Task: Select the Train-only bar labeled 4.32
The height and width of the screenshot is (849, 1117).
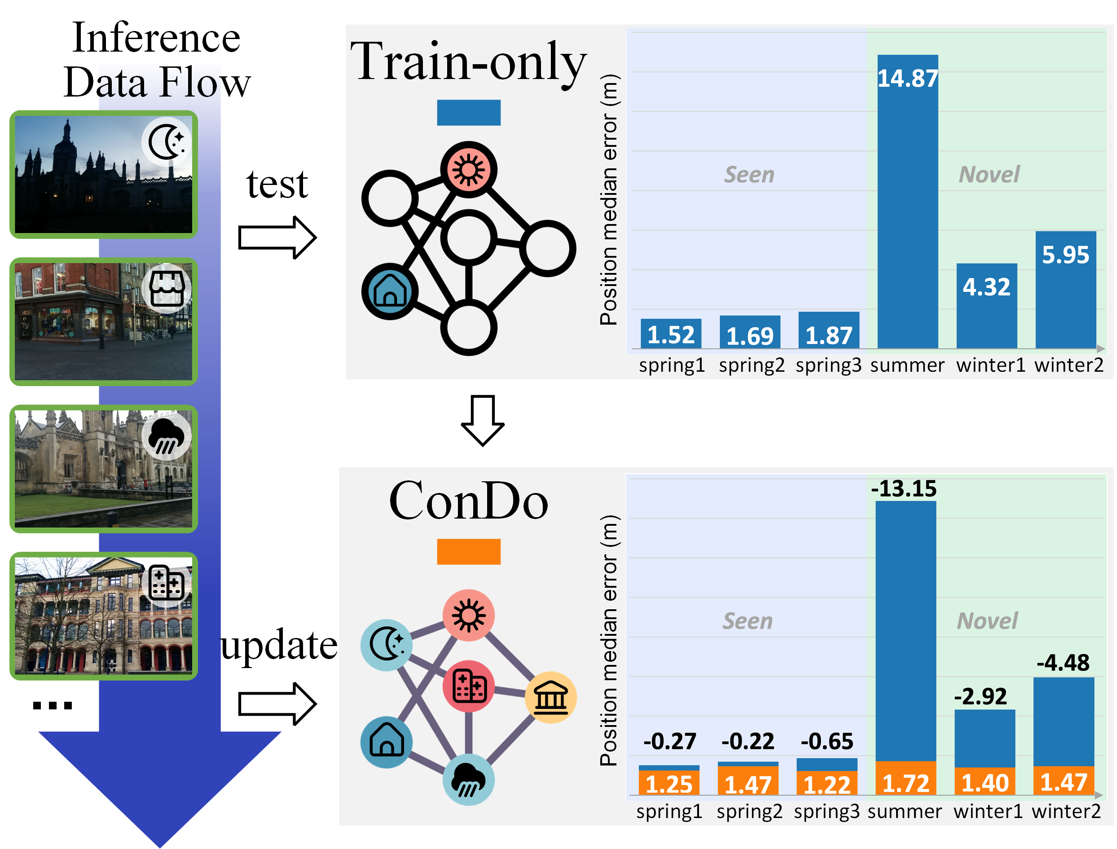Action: click(986, 305)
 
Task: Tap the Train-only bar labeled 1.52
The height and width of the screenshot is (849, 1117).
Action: click(671, 334)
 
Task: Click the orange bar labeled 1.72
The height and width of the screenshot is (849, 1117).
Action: click(906, 778)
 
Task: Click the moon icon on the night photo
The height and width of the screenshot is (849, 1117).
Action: click(166, 141)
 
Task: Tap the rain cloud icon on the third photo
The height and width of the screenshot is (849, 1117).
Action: click(166, 436)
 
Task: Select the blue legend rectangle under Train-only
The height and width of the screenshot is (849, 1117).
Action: click(468, 112)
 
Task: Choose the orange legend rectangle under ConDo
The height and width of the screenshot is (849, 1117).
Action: click(468, 551)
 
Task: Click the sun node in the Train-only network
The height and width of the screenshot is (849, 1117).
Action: click(468, 169)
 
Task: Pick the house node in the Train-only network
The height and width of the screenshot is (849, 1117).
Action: click(390, 291)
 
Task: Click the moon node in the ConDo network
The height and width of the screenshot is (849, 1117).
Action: click(387, 645)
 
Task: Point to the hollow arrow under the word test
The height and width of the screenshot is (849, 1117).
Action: click(277, 238)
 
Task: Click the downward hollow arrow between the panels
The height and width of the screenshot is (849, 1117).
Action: click(483, 420)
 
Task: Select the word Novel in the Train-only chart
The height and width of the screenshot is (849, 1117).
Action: click(989, 174)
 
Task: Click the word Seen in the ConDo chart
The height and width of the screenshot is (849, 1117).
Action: click(747, 620)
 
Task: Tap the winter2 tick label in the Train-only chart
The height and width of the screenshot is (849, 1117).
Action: click(1069, 365)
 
